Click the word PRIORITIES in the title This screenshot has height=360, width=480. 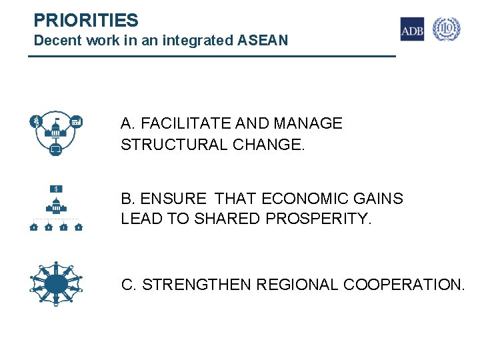[x=86, y=20]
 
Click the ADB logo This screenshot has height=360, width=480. [x=411, y=29]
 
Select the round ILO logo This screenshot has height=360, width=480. [x=447, y=29]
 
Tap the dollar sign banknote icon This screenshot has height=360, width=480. [x=57, y=188]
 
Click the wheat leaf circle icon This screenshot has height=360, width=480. [x=35, y=121]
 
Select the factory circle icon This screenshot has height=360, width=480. [x=77, y=121]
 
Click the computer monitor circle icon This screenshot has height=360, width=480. [x=56, y=151]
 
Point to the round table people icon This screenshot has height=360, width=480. [x=56, y=282]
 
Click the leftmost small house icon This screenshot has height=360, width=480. [x=33, y=227]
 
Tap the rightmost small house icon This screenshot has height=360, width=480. [x=79, y=227]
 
